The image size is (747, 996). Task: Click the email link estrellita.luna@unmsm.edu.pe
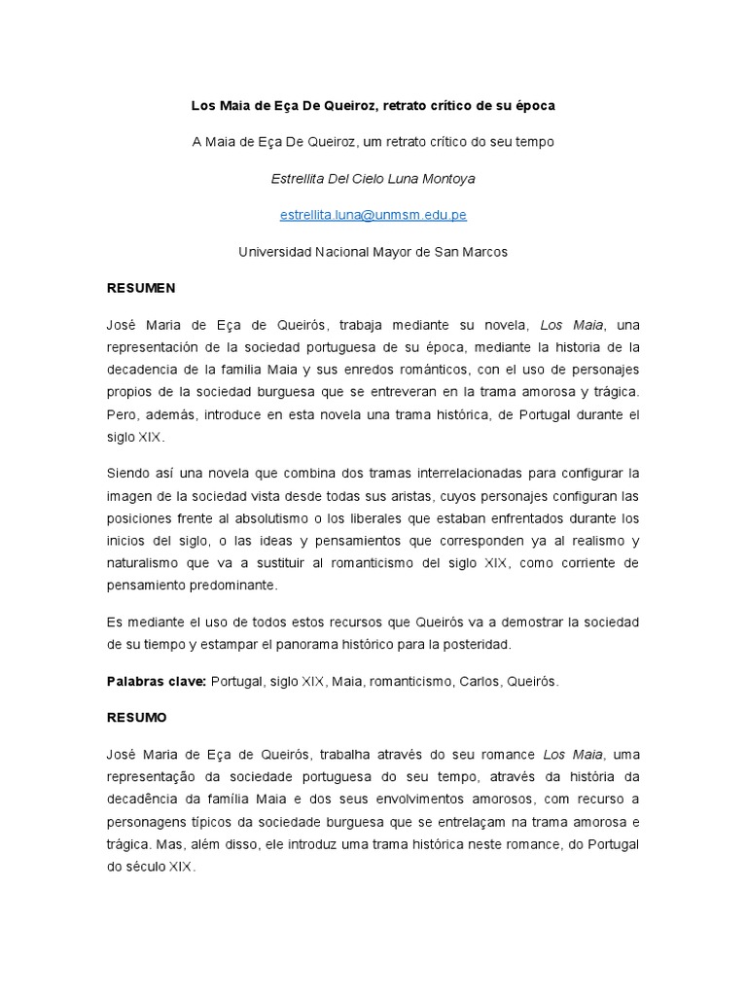point(373,214)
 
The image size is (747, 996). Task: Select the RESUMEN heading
point(140,289)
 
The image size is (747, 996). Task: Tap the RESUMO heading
point(136,718)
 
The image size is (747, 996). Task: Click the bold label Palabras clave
point(156,682)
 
